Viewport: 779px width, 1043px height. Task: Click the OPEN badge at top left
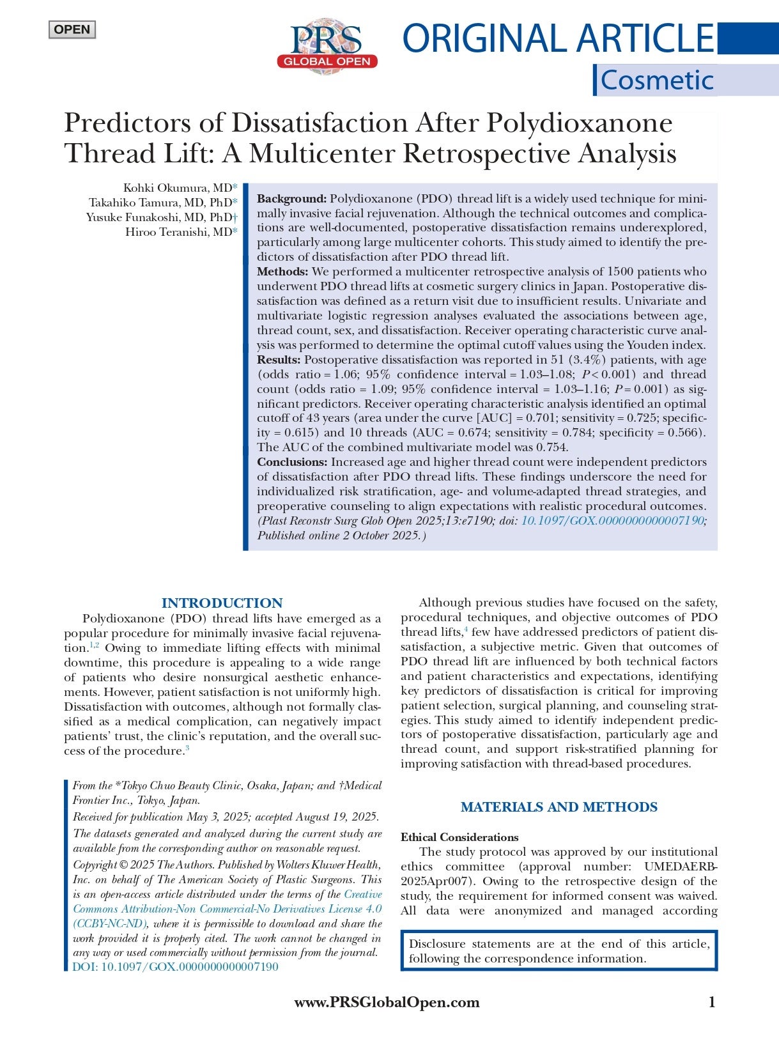(72, 29)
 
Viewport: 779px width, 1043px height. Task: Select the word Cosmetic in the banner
(656, 81)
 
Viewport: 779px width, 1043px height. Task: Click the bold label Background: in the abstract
(291, 199)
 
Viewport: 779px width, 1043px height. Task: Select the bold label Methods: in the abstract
(282, 272)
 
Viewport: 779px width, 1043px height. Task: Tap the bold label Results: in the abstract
(279, 360)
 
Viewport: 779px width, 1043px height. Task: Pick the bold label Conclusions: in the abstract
(292, 462)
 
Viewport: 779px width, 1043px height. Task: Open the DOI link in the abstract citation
(613, 521)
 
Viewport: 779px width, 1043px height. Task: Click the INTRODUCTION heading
(222, 603)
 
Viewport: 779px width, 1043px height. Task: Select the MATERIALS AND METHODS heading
(559, 807)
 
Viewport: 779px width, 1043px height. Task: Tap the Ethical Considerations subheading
(459, 837)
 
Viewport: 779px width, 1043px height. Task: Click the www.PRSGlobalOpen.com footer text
(387, 1003)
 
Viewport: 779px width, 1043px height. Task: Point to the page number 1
(712, 1002)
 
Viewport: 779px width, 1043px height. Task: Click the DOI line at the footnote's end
(176, 967)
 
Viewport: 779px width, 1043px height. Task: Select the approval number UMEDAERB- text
(681, 867)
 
